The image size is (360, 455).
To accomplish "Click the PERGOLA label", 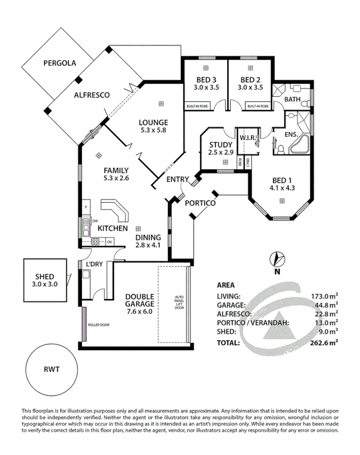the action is [60, 63].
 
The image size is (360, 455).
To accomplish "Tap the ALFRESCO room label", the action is [91, 95].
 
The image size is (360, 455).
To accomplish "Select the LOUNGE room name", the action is [153, 122].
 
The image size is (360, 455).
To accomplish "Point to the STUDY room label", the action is [221, 145].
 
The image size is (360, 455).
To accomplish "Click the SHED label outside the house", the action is [45, 277].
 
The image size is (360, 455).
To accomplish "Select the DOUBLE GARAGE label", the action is [139, 300].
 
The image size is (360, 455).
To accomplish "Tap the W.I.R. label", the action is [248, 137].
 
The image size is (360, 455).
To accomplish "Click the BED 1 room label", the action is [282, 180].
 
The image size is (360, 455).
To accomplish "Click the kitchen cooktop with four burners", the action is [95, 241].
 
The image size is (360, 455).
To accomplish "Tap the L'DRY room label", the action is [95, 264].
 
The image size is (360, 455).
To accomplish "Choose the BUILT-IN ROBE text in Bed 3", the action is [196, 105].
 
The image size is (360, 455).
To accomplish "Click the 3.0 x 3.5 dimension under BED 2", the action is [250, 88].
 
